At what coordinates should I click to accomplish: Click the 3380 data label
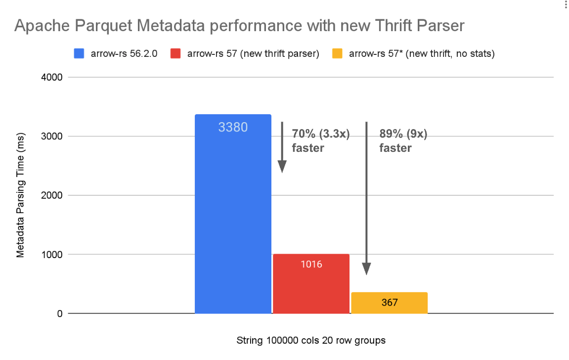233,127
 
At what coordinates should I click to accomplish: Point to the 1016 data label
311,264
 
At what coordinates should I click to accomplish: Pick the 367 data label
389,302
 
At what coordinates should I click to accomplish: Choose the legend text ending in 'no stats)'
422,54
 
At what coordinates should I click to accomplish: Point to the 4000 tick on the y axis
51,77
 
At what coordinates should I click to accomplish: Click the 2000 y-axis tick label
51,195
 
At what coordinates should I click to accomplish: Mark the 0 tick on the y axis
59,314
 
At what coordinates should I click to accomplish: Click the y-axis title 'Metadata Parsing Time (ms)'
20,196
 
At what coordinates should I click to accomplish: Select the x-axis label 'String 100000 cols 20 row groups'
311,341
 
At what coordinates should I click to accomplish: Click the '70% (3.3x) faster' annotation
320,140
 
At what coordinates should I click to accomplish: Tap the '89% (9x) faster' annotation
403,140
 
